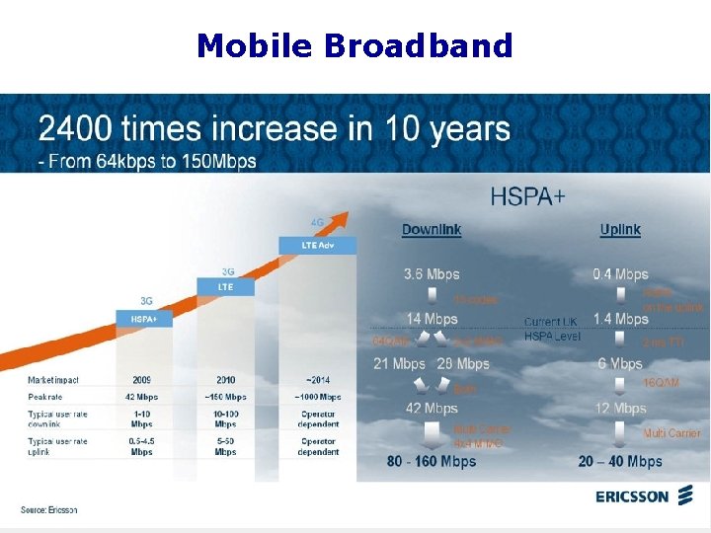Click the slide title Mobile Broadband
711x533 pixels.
click(355, 45)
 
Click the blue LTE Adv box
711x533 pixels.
click(305, 244)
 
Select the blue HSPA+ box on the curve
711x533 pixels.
click(144, 319)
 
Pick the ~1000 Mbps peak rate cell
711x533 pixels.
click(312, 397)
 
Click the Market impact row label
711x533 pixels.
click(53, 378)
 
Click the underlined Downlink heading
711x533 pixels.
click(432, 230)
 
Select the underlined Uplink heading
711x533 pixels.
click(620, 230)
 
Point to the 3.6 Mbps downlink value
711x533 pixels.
click(432, 274)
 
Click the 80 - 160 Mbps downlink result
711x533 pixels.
click(432, 461)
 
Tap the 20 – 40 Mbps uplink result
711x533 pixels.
click(620, 461)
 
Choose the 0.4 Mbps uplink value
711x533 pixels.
click(620, 274)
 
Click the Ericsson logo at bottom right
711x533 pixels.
click(646, 496)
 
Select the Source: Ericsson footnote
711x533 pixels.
click(49, 509)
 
